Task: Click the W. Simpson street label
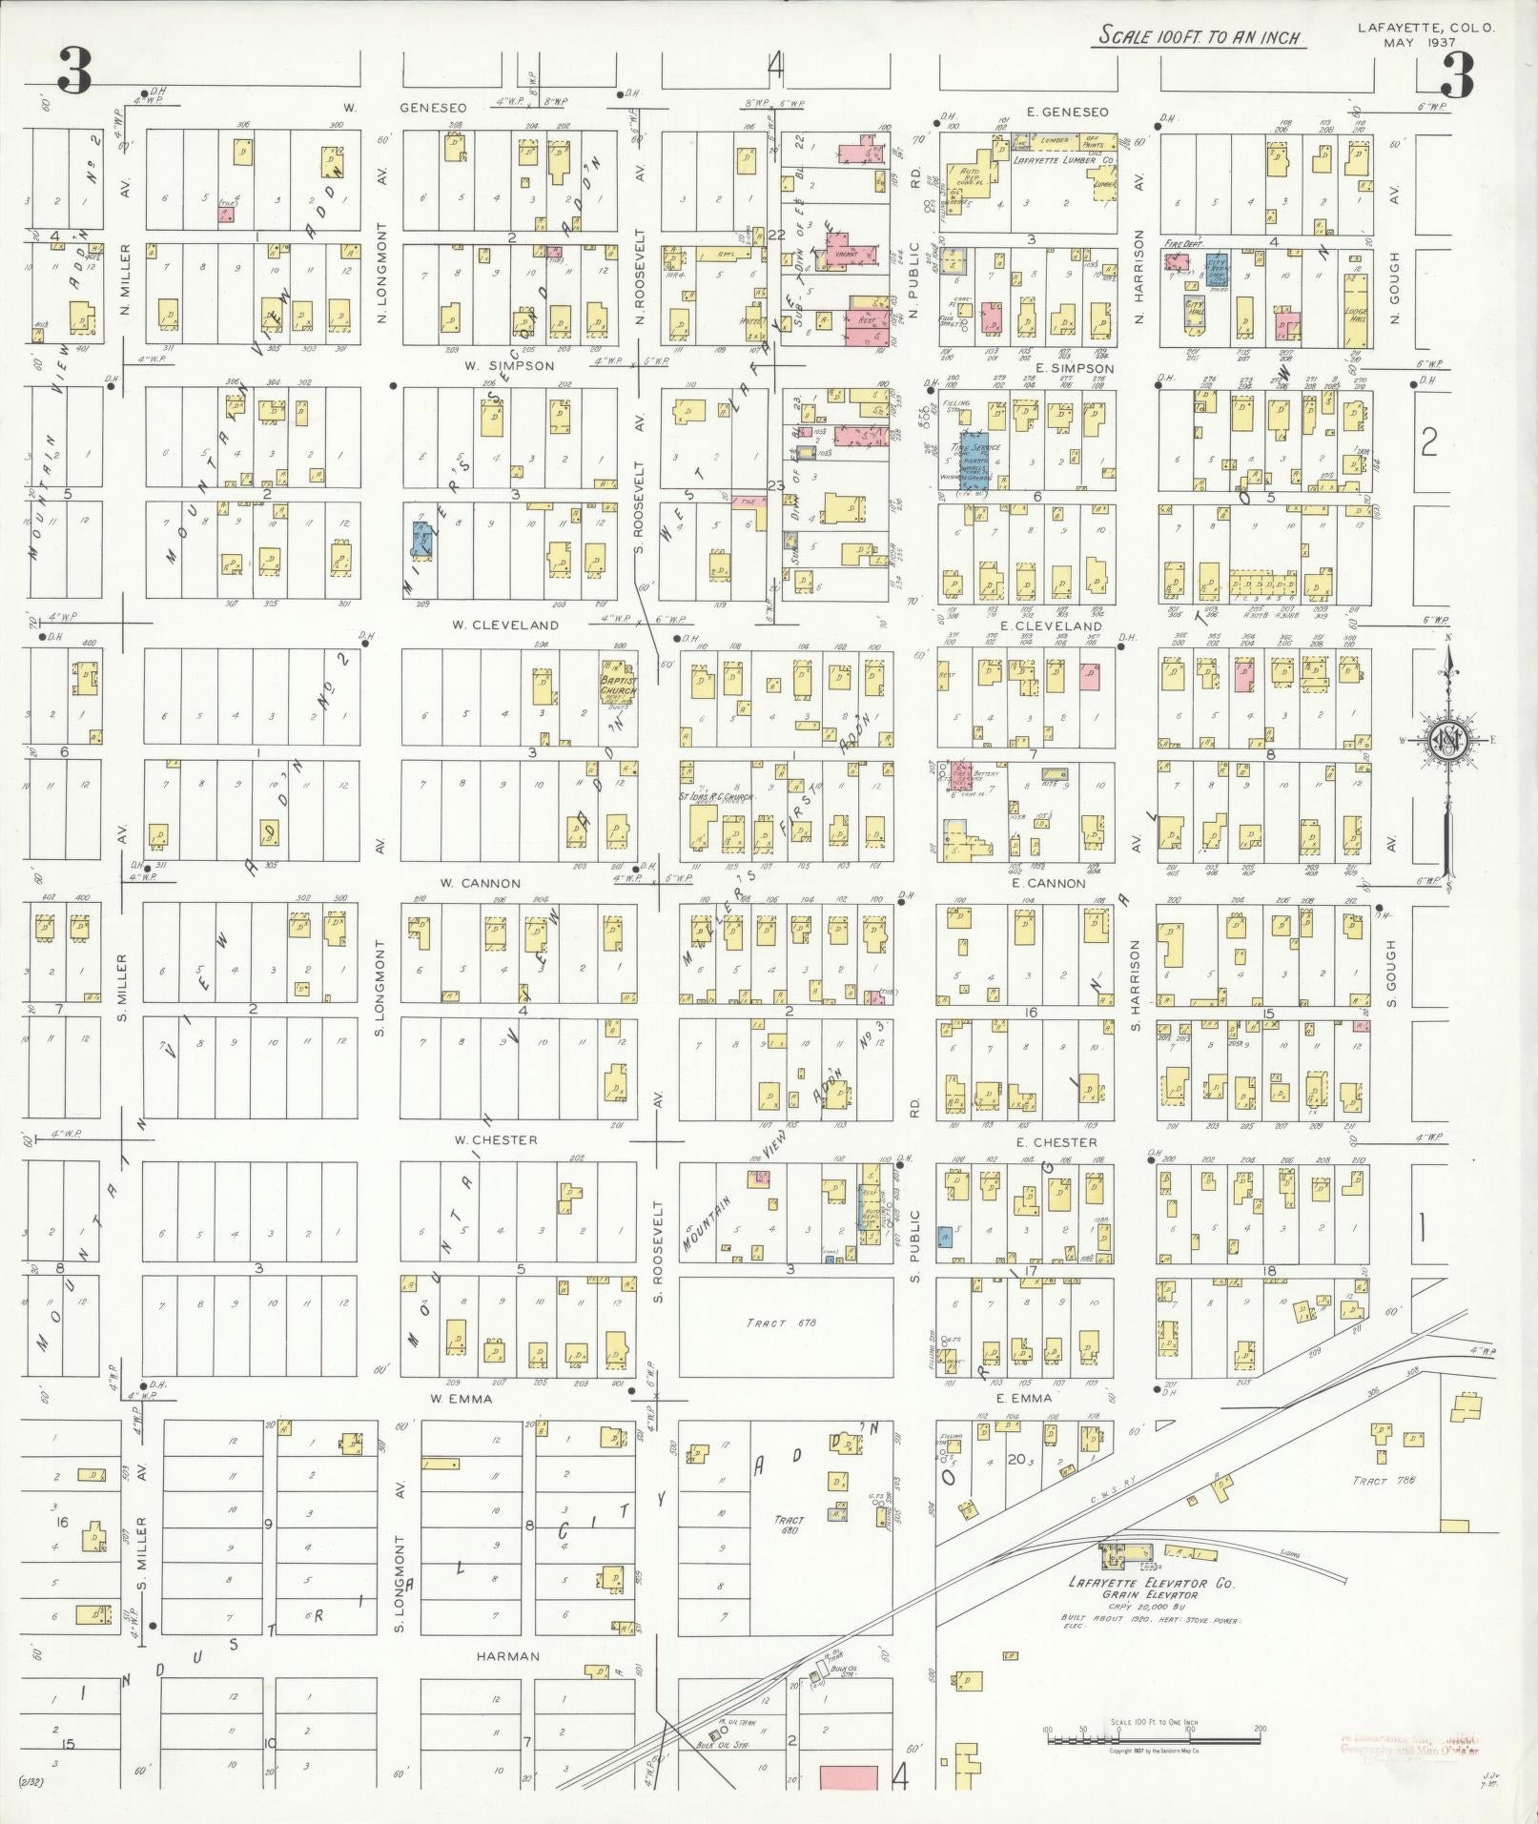(497, 365)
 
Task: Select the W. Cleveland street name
(504, 625)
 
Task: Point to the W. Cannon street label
(481, 883)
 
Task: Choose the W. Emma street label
(461, 1399)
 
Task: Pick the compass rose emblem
(1446, 743)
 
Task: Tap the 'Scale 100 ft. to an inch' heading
(1201, 37)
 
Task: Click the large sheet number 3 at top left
(74, 72)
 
